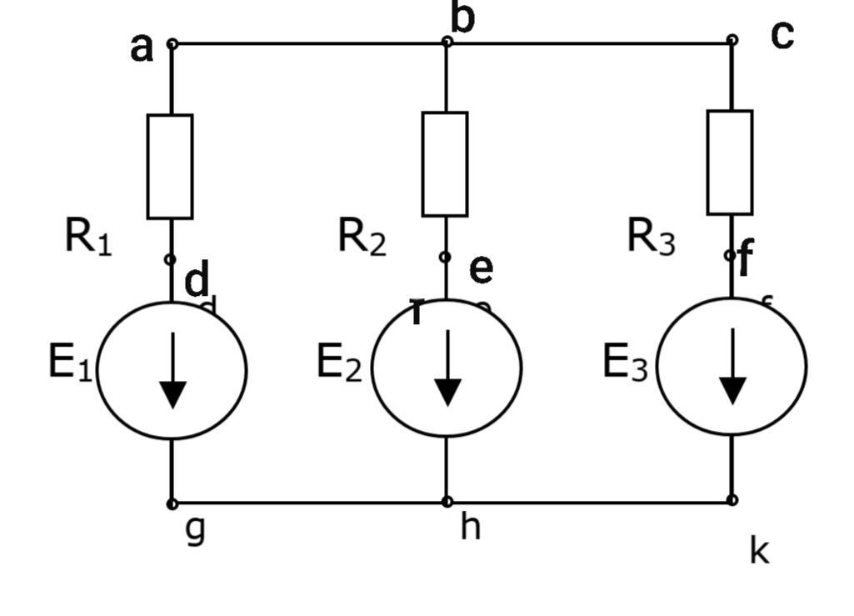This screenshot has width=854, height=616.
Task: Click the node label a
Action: pos(142,48)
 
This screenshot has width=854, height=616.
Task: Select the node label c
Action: pos(782,35)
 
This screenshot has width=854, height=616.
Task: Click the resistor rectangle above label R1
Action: pos(170,167)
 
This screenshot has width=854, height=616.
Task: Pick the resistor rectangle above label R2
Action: pos(445,164)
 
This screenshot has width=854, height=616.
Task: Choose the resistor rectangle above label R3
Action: pos(730,163)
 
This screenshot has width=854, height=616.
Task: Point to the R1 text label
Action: pos(87,237)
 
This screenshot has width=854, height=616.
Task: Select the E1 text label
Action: pos(70,363)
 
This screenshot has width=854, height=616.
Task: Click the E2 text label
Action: pos(339,363)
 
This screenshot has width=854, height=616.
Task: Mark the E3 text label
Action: pos(625,363)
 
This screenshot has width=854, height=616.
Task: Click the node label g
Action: pos(195,529)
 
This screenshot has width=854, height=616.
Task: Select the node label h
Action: pos(471,527)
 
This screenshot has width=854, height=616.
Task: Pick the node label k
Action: pos(758,551)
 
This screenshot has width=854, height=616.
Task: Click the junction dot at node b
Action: pos(447,41)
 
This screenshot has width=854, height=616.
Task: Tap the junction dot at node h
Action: pos(447,502)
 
